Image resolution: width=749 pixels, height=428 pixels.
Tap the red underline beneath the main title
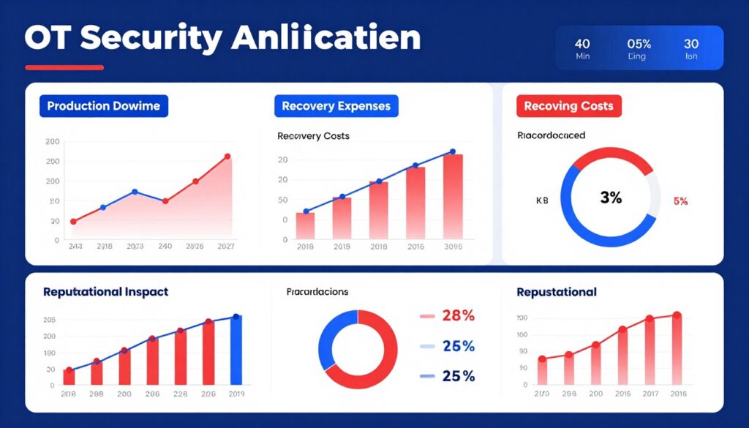click(64, 68)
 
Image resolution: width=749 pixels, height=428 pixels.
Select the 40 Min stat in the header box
click(583, 49)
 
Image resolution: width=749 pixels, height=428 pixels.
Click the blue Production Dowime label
click(103, 106)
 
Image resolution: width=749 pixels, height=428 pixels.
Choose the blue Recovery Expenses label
click(336, 106)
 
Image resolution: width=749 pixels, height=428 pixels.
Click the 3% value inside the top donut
click(610, 198)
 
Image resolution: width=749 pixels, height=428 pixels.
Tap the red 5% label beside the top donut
click(680, 201)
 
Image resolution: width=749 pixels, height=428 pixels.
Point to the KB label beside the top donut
click(542, 200)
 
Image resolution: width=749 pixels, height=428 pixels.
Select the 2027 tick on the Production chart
click(226, 247)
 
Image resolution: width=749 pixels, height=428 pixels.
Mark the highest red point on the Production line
click(227, 157)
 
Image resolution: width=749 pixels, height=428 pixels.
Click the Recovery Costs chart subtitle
click(313, 136)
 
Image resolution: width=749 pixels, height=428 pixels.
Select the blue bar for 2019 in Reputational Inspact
click(236, 350)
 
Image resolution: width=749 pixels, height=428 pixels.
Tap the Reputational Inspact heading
click(105, 292)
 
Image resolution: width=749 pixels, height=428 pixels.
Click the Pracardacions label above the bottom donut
click(317, 291)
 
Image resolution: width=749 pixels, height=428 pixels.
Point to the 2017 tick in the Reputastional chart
click(649, 393)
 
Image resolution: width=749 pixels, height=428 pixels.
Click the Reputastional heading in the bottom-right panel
click(556, 292)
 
